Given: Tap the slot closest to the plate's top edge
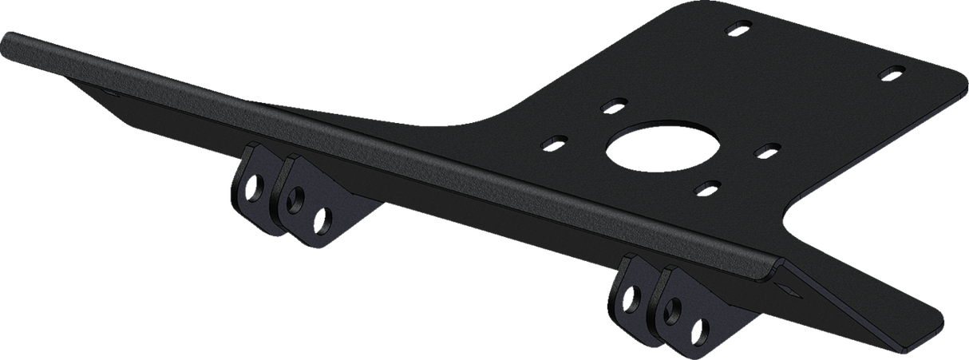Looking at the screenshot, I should coord(735,30).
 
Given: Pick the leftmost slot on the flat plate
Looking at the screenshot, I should coord(552,143).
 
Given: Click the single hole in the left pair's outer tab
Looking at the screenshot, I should coord(251,190).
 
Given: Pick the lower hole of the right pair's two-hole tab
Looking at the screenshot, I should coord(702,329).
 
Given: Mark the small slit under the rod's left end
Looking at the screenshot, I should coord(112,93).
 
